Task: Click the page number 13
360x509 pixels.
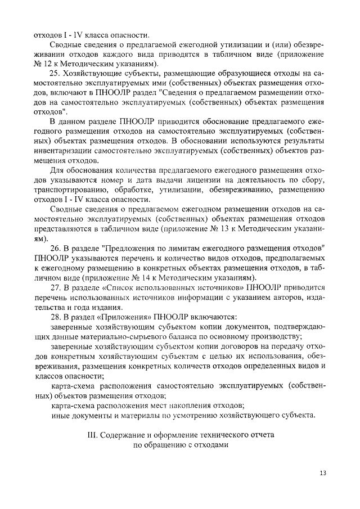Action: click(322, 472)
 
